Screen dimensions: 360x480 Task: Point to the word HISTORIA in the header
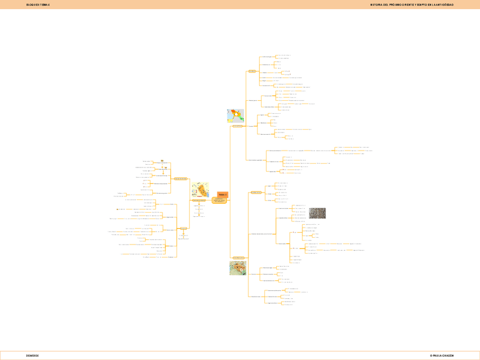[x=378, y=5]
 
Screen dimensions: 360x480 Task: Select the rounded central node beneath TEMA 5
[x=219, y=200]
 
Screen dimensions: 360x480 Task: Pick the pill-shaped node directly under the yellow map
[x=199, y=200]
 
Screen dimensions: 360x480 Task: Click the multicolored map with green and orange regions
[x=235, y=116]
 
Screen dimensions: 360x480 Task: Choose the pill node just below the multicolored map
[x=238, y=126]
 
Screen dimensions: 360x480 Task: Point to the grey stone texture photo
[x=316, y=213]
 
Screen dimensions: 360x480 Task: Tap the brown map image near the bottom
[x=237, y=268]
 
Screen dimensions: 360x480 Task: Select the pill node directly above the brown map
[x=238, y=258]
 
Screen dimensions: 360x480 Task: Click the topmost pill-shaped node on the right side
[x=252, y=71]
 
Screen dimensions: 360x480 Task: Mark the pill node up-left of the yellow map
[x=180, y=179]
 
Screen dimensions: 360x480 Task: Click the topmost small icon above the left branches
[x=162, y=160]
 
